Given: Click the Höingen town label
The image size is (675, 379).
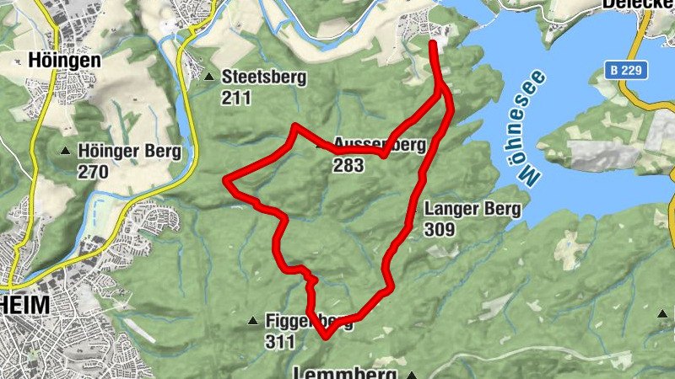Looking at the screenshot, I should coord(64,61).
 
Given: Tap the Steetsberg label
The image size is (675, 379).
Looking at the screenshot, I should coord(263,77).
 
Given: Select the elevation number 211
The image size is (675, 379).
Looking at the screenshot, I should coord(236,99).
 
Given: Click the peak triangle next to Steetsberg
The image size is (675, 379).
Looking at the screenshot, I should coord(208,77).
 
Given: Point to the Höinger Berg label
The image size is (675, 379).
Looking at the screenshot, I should coord(129,152).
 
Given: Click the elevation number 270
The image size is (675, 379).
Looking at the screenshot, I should coord(93,173).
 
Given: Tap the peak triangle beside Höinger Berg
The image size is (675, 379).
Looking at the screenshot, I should coord(65,152).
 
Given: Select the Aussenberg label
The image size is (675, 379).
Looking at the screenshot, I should coord(379,144).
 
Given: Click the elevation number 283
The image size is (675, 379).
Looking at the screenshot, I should coord(348,165).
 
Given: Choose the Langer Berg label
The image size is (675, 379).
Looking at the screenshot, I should coord(472,210).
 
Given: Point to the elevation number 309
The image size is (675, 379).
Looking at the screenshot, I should coord(440,230).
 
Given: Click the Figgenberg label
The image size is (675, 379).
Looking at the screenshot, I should coord(308,321).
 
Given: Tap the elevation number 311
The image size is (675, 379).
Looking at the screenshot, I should coord(279,342).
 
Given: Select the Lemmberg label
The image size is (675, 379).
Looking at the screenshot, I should coord(346,372).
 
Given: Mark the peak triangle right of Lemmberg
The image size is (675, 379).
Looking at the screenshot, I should coord(412,374).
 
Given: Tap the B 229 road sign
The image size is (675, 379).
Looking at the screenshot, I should coord(625,71).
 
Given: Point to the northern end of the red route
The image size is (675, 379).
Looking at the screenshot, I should coord(433,42).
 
